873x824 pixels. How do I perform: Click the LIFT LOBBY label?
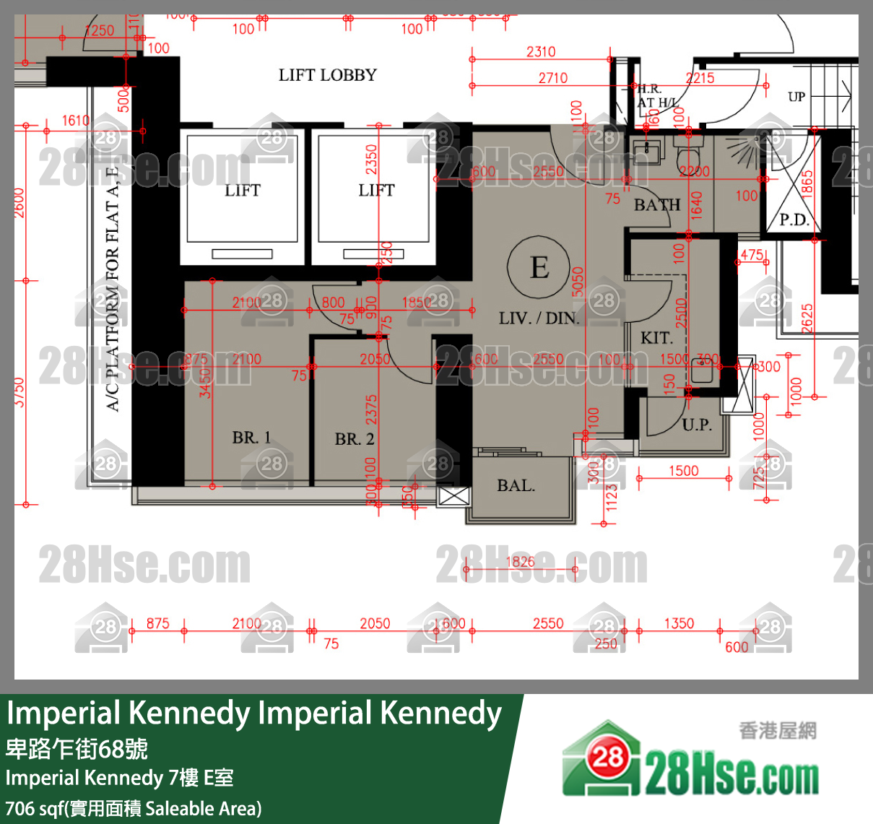click(327, 75)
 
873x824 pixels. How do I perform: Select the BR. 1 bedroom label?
click(251, 438)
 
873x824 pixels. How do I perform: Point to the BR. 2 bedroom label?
click(354, 439)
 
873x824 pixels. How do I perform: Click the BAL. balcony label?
click(516, 486)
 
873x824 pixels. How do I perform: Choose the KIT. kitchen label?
click(656, 338)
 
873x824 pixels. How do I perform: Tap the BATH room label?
click(656, 205)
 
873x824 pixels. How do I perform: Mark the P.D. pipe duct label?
click(794, 220)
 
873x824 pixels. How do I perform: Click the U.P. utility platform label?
click(696, 425)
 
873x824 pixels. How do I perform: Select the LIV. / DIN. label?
click(539, 318)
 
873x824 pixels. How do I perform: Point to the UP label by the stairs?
click(796, 97)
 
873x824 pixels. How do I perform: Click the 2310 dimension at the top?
click(541, 51)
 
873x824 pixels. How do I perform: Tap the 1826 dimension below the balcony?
click(520, 562)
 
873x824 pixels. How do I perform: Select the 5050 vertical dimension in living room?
click(577, 282)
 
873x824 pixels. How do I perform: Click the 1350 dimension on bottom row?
click(679, 623)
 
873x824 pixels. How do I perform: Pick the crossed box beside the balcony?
click(454, 497)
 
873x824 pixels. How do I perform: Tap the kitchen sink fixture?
click(702, 371)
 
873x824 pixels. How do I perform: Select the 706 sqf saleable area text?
click(134, 808)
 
